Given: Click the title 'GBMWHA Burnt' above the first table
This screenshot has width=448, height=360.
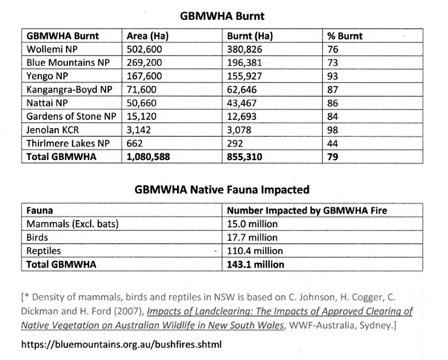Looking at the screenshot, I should [223, 14].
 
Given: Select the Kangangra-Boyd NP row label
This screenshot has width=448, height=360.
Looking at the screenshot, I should [68, 89].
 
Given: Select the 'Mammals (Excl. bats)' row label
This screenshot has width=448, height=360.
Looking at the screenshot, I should [73, 223].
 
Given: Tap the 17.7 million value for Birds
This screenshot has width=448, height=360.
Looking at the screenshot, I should [255, 237].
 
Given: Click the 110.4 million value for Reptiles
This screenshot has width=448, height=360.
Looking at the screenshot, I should [257, 250].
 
